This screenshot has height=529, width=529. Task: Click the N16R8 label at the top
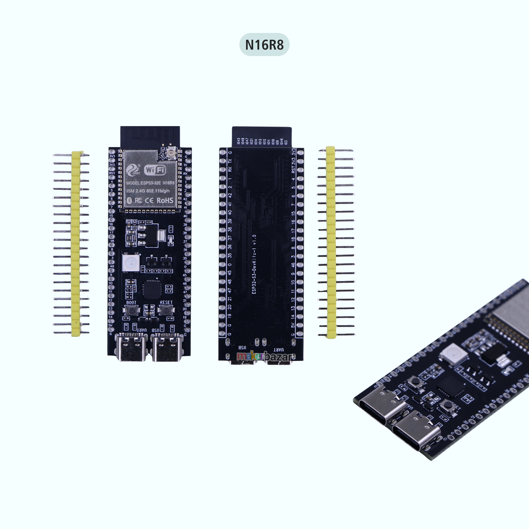[264, 45]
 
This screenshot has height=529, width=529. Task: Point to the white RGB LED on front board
[131, 262]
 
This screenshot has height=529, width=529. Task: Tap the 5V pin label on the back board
[293, 325]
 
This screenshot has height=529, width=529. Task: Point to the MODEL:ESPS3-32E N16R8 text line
[150, 183]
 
